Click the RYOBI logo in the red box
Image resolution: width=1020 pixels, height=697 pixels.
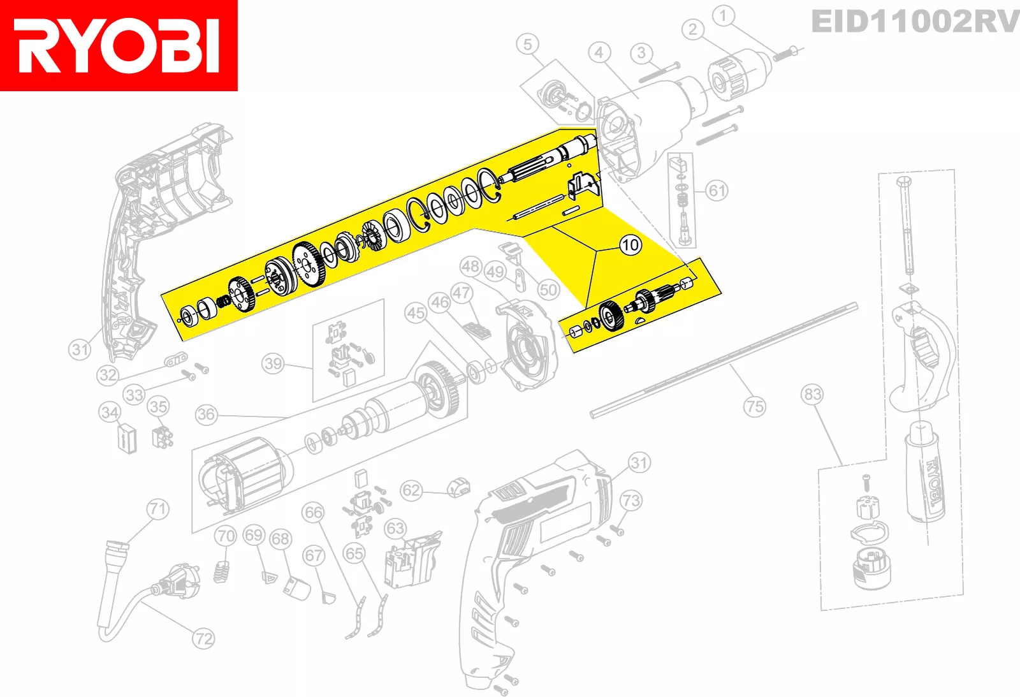coord(119,45)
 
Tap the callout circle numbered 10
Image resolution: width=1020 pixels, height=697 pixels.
coord(630,245)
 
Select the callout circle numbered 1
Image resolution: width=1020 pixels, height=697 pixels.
coord(723,16)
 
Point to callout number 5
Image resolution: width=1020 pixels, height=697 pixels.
coord(527,44)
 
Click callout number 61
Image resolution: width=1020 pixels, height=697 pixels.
coord(717,191)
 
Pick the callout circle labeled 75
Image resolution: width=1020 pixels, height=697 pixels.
coord(755,406)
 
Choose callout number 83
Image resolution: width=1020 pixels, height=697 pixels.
coord(812,394)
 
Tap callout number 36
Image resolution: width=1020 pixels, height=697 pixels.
coord(207,415)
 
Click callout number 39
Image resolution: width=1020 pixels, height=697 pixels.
coord(273,363)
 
